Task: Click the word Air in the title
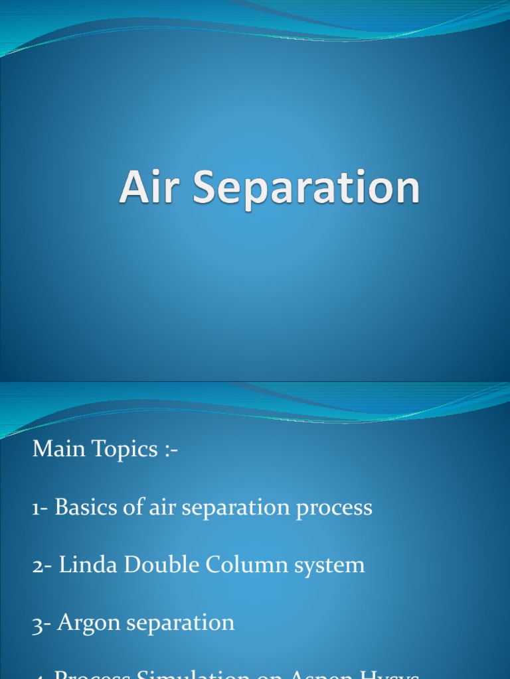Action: click(x=151, y=188)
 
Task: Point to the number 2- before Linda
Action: click(x=42, y=565)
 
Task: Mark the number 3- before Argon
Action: click(x=41, y=623)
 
